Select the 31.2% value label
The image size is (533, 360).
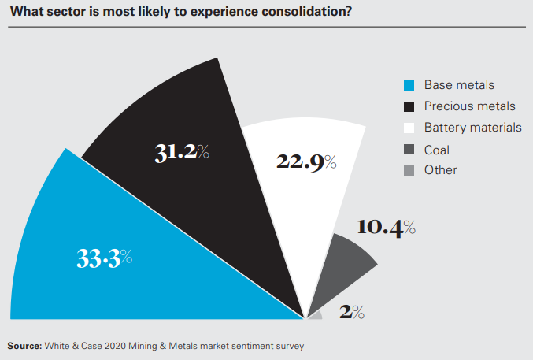click(x=182, y=153)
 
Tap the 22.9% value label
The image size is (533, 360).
click(x=306, y=161)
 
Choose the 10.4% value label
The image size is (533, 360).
click(x=385, y=228)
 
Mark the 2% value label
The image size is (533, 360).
click(x=351, y=312)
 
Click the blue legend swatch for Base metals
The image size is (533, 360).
click(x=408, y=85)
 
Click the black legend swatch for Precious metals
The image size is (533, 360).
click(x=408, y=106)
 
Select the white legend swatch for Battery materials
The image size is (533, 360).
click(x=408, y=128)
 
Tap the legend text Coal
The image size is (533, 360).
click(x=437, y=149)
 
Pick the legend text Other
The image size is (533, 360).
click(x=440, y=169)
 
